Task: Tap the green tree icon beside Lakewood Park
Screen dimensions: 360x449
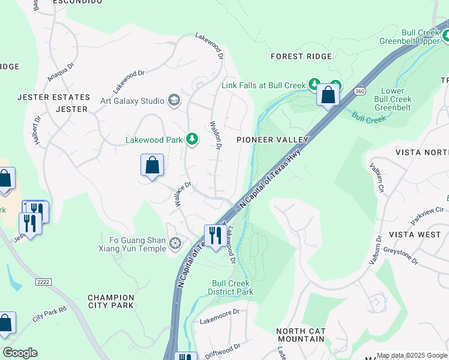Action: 192,140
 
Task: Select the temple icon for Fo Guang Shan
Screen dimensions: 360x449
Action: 175,244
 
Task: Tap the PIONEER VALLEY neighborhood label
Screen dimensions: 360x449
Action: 272,140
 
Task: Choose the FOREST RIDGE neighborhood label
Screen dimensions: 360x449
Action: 301,56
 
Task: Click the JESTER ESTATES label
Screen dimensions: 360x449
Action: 53,97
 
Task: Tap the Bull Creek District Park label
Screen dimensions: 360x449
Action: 231,288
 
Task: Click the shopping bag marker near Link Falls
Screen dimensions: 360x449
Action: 328,95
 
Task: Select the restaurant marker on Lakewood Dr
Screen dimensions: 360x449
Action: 214,235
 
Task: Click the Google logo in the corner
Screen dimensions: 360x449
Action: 20,353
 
